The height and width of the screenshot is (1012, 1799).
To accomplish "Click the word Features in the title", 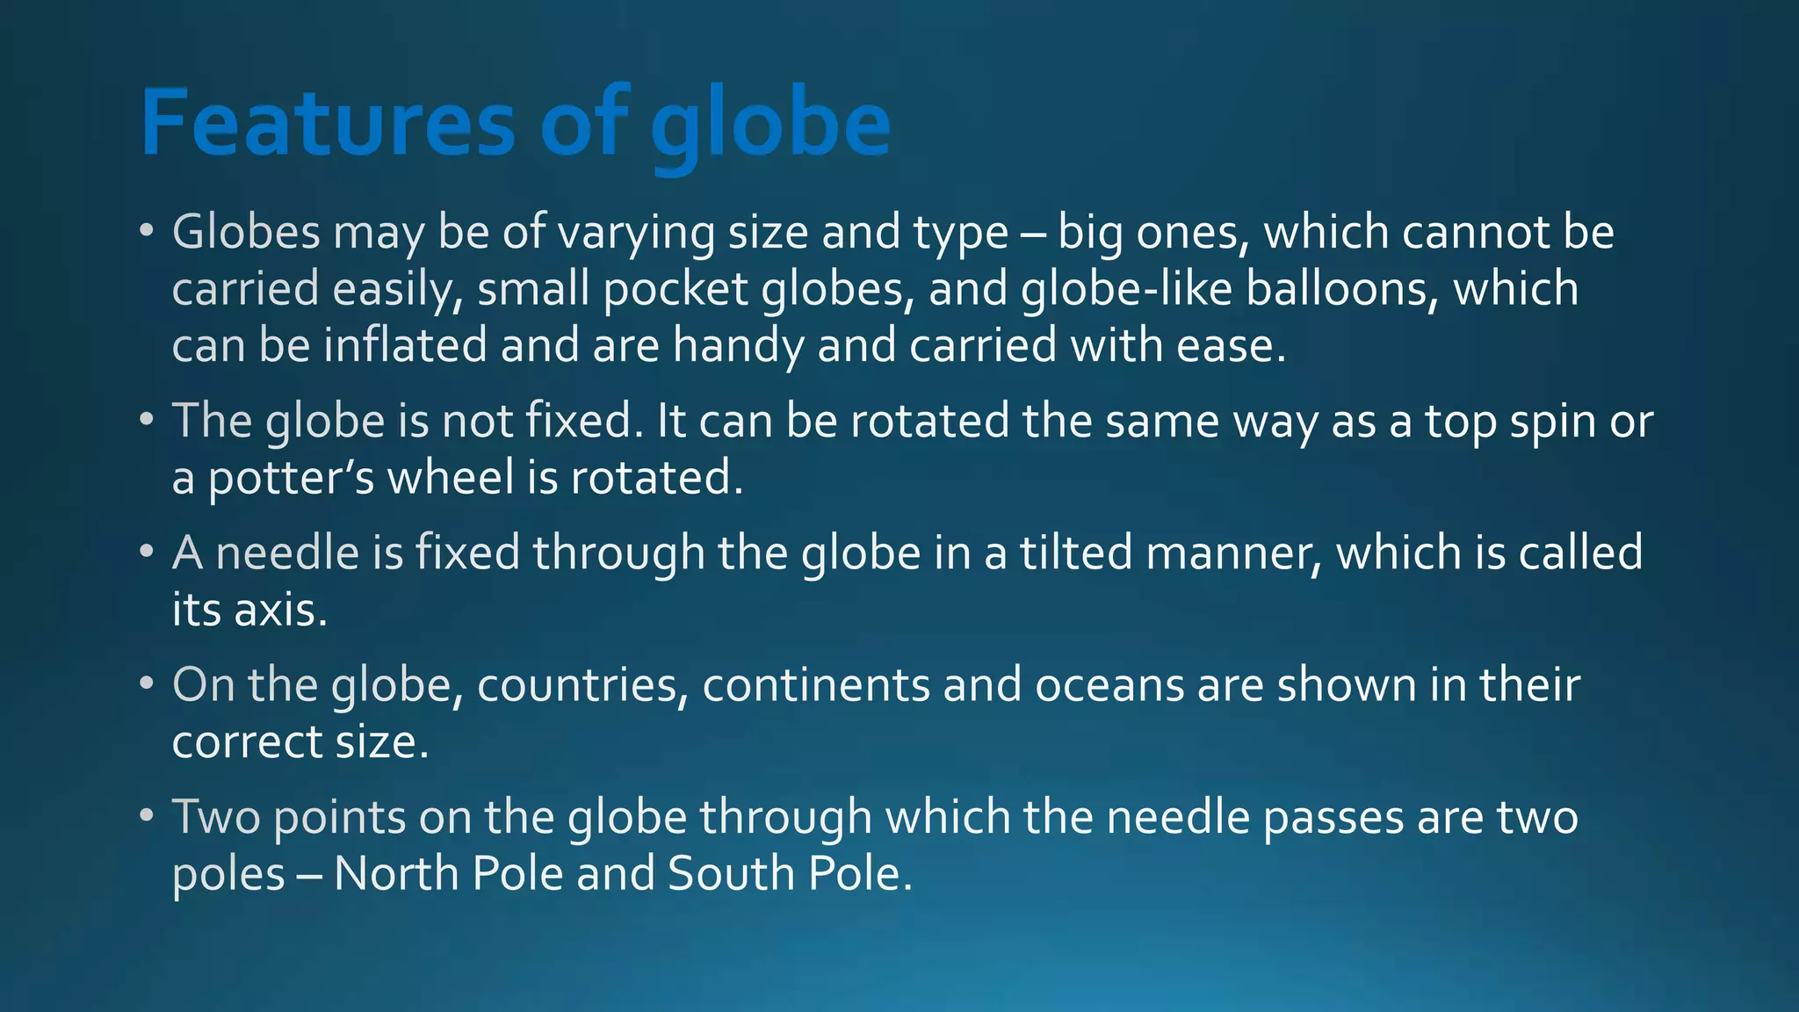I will click(x=327, y=123).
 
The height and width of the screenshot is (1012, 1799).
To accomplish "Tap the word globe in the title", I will click(x=770, y=127).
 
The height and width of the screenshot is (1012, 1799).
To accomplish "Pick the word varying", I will click(x=637, y=234).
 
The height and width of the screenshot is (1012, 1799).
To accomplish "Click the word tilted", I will click(x=1076, y=553).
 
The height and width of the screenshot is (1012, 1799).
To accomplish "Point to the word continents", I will click(x=815, y=685).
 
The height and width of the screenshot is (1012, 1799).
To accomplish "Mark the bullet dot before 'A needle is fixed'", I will click(x=146, y=553).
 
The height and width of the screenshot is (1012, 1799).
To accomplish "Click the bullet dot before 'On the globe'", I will click(x=146, y=684).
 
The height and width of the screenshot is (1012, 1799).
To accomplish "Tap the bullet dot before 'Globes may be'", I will click(x=146, y=232).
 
